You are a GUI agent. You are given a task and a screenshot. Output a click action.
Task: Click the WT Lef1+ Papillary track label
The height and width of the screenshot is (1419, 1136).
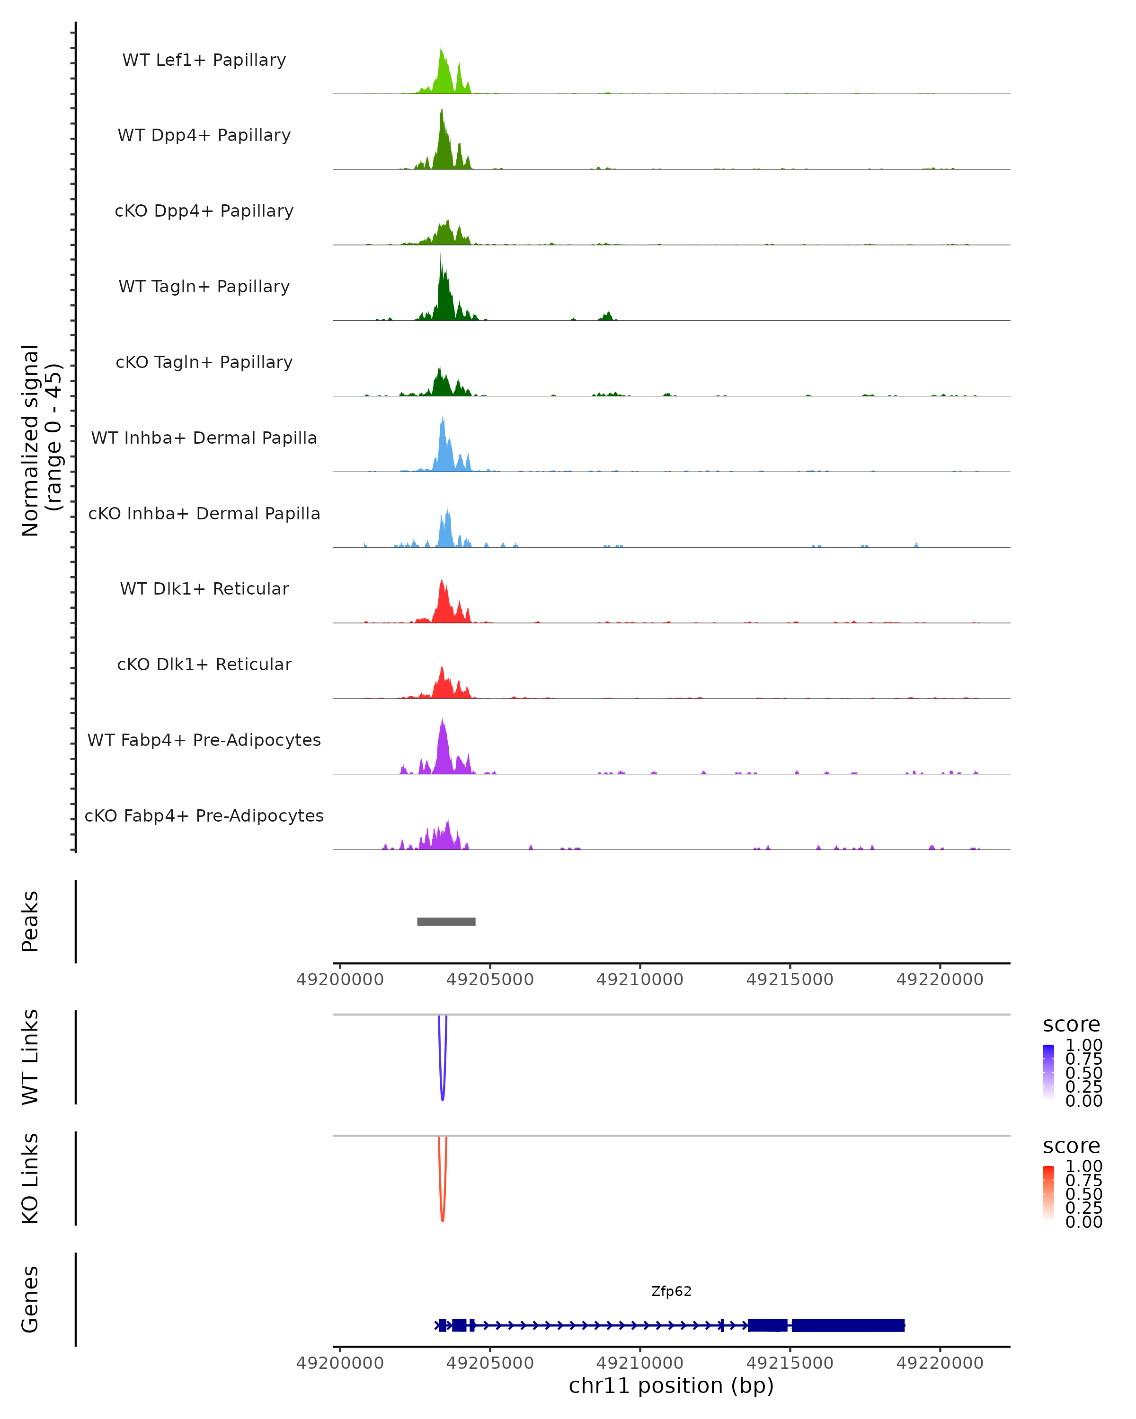click(204, 60)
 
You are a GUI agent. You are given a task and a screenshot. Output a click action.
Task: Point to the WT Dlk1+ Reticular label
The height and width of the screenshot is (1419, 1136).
click(204, 588)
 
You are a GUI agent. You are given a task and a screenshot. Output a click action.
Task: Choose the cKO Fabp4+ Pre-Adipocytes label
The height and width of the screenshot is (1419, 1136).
click(204, 815)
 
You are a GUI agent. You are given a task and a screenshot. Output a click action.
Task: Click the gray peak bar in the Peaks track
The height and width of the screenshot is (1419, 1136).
click(446, 921)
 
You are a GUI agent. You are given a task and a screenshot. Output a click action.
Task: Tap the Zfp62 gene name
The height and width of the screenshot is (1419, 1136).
click(671, 1291)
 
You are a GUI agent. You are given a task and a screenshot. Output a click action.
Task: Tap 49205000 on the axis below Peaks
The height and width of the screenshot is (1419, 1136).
click(490, 980)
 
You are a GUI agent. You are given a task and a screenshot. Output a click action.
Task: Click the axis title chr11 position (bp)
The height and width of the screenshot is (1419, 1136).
click(671, 1385)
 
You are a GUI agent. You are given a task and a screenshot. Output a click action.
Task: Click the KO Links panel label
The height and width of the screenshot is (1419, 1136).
click(30, 1178)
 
